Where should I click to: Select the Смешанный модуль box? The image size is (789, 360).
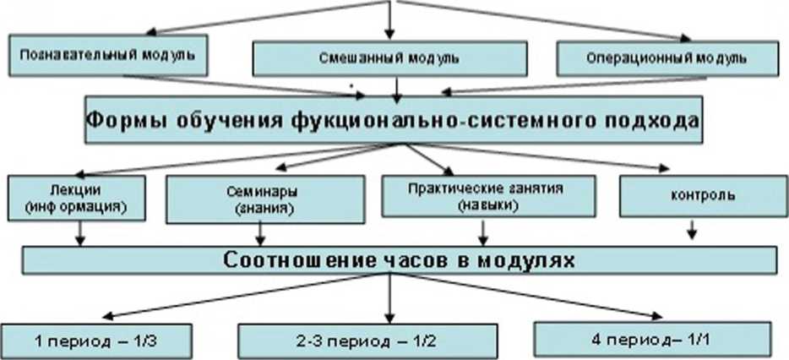(x=389, y=58)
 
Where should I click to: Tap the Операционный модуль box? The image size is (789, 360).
(x=666, y=58)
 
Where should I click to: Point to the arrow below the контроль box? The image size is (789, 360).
(x=691, y=230)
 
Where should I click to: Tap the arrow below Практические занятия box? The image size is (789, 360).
(x=482, y=232)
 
